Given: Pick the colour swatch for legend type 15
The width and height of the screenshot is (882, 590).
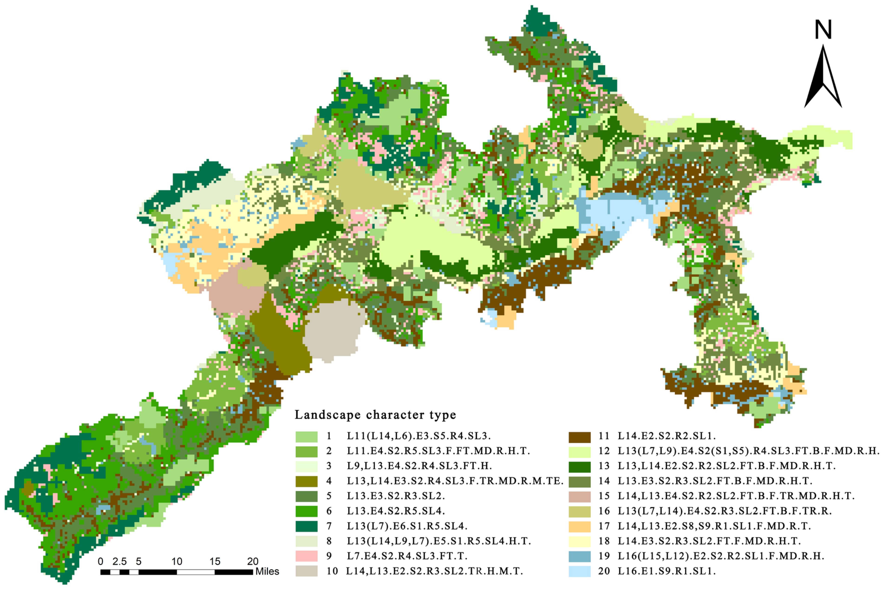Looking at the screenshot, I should click(579, 496).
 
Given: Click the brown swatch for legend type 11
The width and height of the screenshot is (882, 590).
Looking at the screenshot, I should click(579, 436).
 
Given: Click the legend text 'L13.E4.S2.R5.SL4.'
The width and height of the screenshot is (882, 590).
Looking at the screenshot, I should click(396, 511).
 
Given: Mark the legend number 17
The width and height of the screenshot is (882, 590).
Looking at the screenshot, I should click(604, 526).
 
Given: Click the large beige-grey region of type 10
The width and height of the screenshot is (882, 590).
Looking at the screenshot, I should click(331, 331).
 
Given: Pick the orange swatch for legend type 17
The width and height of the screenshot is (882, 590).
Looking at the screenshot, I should click(579, 526).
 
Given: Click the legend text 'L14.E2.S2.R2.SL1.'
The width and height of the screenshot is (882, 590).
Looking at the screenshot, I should click(666, 436).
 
